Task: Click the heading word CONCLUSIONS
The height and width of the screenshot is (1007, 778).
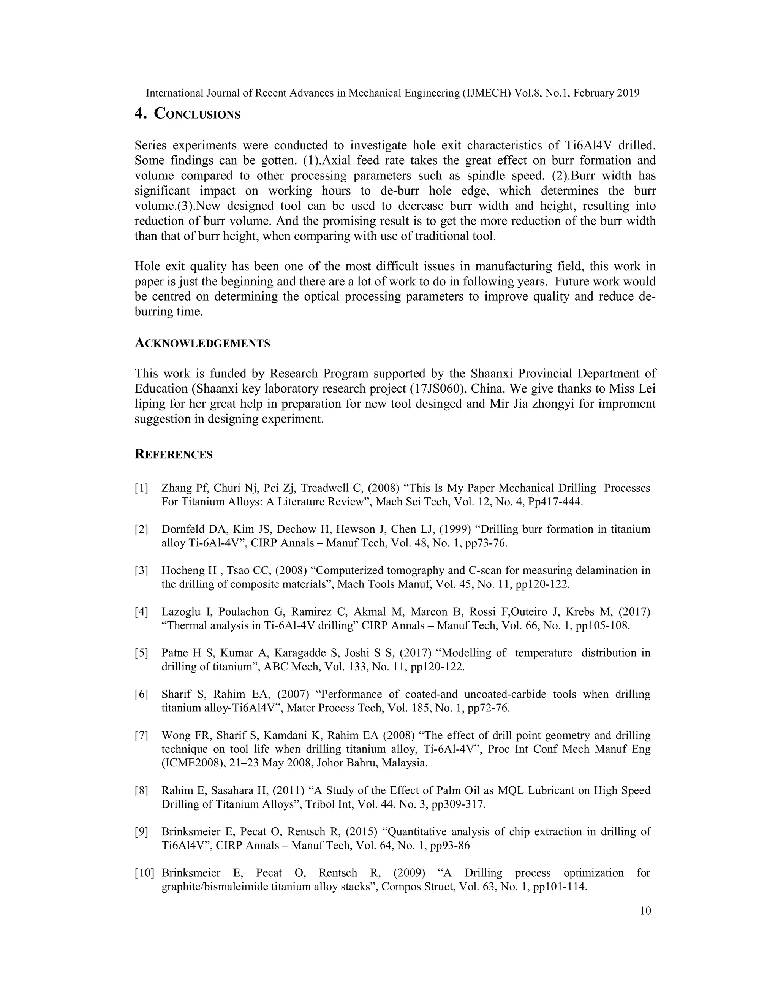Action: pyautogui.click(x=197, y=114)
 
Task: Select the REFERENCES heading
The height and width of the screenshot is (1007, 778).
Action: pyautogui.click(x=173, y=454)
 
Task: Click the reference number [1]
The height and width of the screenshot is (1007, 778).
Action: pyautogui.click(x=141, y=488)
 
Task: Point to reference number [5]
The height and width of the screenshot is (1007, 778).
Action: pyautogui.click(x=141, y=653)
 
